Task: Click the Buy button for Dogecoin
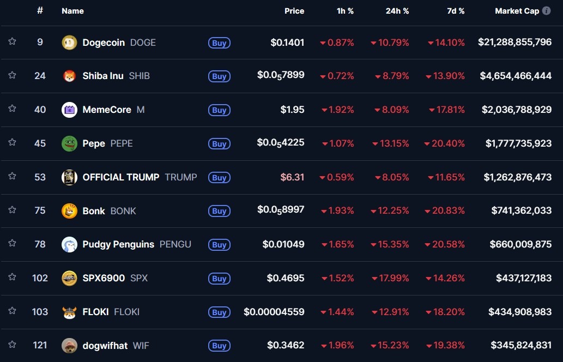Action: tap(219, 43)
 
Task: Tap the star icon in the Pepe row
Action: tap(12, 142)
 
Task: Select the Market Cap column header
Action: tap(517, 11)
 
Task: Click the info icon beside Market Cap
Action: tap(546, 11)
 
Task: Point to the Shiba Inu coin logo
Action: tap(69, 76)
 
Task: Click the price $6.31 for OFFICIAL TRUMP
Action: tap(292, 177)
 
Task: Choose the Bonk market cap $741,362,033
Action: tap(521, 210)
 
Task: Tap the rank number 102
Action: tap(40, 278)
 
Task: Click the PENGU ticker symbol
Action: tap(175, 244)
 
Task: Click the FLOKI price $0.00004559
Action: tap(274, 312)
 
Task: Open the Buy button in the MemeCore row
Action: tap(219, 110)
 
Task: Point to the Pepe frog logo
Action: tap(69, 143)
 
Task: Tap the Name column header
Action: tap(72, 11)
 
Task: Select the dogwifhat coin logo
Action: tap(69, 345)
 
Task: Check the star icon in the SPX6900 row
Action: tap(12, 277)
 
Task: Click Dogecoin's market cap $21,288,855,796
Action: tap(514, 42)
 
